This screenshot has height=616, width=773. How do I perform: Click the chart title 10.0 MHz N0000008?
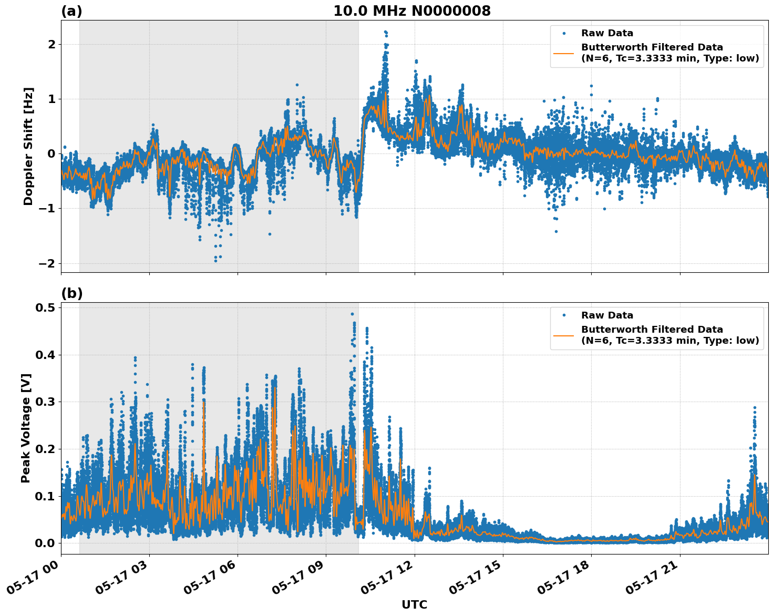[x=411, y=11]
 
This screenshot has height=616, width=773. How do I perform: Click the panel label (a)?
[x=71, y=11]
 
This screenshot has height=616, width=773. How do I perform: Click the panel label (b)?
[x=71, y=293]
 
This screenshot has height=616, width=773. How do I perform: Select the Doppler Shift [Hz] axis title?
[x=28, y=146]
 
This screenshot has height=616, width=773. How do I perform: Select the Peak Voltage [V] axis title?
[x=26, y=428]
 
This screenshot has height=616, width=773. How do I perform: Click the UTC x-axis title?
[x=414, y=604]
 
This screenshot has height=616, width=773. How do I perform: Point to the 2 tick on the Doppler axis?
[x=51, y=44]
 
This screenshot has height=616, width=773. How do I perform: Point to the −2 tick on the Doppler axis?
[x=47, y=263]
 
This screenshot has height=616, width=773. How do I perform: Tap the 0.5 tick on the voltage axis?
[x=46, y=307]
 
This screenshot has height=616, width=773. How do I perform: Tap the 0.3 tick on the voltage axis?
[x=46, y=402]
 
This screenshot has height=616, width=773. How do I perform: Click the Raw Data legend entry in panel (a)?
[x=607, y=33]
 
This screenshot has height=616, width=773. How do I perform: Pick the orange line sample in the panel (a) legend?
[x=564, y=53]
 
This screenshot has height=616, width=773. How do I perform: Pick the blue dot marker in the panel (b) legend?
[x=564, y=315]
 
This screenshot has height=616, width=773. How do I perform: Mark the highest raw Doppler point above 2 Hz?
[x=385, y=32]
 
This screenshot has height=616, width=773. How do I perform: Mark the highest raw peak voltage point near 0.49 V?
[x=352, y=314]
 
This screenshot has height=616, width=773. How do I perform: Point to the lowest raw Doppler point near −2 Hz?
[x=215, y=261]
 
